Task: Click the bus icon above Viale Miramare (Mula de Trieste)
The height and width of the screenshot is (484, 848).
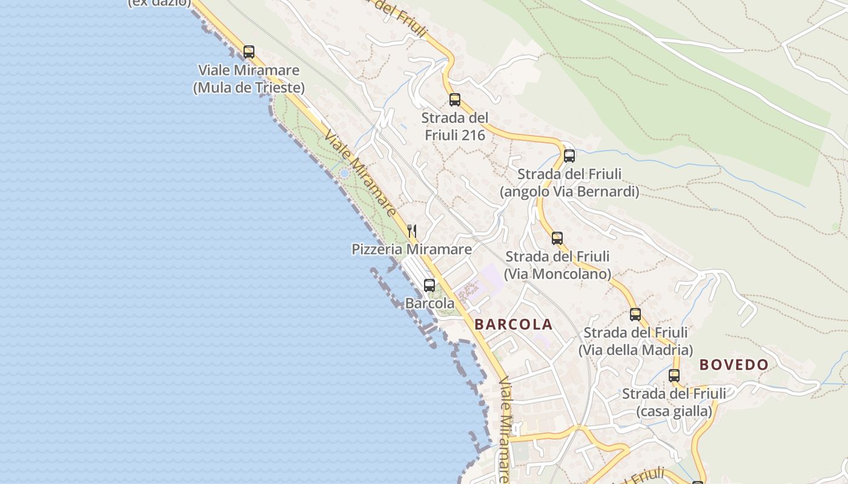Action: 248,52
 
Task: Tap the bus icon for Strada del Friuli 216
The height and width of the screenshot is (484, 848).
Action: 455,100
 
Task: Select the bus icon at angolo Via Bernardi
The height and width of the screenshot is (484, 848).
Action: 569,156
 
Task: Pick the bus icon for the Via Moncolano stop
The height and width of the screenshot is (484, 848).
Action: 557,238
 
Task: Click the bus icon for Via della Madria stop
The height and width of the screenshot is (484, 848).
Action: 635,315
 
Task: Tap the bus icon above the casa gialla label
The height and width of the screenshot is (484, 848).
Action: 674,376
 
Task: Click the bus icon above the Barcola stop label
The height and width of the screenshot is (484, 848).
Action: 429,286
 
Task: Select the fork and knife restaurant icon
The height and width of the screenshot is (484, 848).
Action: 412,231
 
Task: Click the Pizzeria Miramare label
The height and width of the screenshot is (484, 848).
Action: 412,249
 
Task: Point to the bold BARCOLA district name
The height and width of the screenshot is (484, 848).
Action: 514,324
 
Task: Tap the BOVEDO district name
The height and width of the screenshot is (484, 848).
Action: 734,365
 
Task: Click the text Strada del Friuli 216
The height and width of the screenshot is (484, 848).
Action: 455,126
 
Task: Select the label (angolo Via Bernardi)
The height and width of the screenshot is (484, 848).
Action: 569,192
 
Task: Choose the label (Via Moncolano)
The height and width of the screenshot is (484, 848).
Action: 557,274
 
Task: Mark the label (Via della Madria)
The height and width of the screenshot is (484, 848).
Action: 635,350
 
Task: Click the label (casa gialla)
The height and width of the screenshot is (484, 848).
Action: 674,411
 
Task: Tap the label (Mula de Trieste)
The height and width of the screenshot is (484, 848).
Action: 248,88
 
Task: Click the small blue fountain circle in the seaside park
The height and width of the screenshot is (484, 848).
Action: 344,174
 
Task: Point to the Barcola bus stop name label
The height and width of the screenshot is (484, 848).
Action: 429,303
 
